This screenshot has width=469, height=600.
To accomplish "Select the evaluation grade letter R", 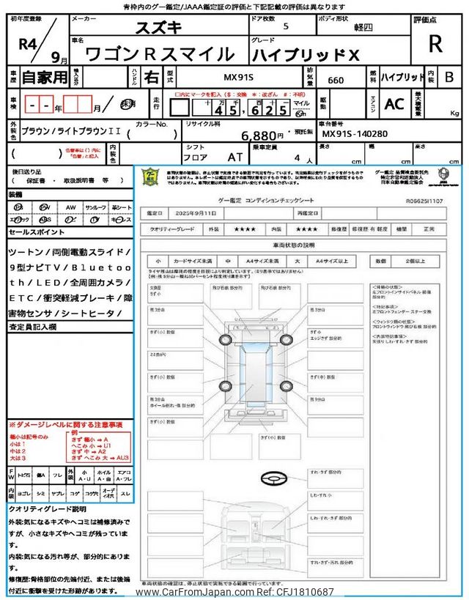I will pos(435,45).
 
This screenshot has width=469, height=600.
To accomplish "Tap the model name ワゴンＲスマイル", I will pos(160,54).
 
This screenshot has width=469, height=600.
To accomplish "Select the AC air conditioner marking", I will pos(394,103).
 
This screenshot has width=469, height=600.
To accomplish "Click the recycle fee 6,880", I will pos(262,136).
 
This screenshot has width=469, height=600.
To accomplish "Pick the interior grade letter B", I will pos(448,76).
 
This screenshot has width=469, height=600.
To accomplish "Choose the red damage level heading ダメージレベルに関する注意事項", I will pos(68,425).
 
